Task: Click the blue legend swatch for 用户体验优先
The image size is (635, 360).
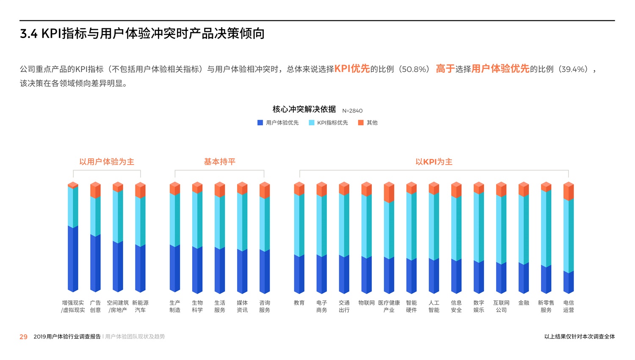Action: tap(260, 123)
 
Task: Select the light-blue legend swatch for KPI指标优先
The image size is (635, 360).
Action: tap(312, 123)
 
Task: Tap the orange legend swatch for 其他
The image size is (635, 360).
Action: tap(361, 123)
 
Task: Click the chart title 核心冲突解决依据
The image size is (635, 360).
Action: tap(304, 110)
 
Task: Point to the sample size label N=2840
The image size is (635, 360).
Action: tap(352, 111)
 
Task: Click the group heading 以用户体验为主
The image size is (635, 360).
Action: tap(107, 162)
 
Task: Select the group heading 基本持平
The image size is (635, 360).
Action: tap(220, 162)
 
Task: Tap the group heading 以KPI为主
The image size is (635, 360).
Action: tap(434, 162)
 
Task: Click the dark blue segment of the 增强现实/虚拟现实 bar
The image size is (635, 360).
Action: tap(73, 259)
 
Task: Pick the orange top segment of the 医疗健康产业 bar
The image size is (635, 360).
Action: tap(389, 193)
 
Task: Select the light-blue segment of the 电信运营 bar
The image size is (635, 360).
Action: tap(569, 235)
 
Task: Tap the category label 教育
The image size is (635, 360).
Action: tap(299, 303)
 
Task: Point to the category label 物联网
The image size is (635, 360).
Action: tap(367, 303)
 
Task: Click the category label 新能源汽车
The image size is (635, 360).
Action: tap(140, 306)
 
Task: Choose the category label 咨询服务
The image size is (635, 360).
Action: tap(265, 306)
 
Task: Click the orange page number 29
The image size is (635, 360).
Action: tap(23, 337)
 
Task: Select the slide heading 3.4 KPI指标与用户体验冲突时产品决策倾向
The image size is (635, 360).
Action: tap(142, 33)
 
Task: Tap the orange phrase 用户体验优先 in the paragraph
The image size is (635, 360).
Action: tap(500, 69)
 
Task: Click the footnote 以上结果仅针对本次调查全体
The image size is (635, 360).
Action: tap(580, 337)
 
